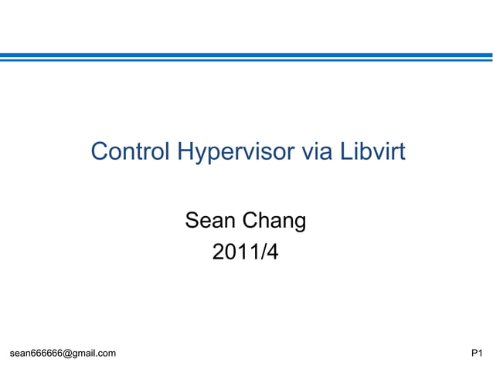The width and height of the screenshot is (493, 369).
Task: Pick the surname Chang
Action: coord(274,222)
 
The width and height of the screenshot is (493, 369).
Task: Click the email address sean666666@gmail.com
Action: coord(63,354)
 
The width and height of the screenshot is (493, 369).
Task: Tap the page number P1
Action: coord(477,354)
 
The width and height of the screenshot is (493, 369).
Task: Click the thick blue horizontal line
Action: coord(246,55)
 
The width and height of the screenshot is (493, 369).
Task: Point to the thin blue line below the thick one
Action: coord(246,60)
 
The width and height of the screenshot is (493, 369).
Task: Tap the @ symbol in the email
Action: coord(67,354)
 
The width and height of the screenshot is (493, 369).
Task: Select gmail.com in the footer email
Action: coord(94,354)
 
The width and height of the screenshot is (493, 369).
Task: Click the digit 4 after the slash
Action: coord(271,252)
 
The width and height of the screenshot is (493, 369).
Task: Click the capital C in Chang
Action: coord(251,222)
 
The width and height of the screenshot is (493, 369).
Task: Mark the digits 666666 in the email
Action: coord(46,354)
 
